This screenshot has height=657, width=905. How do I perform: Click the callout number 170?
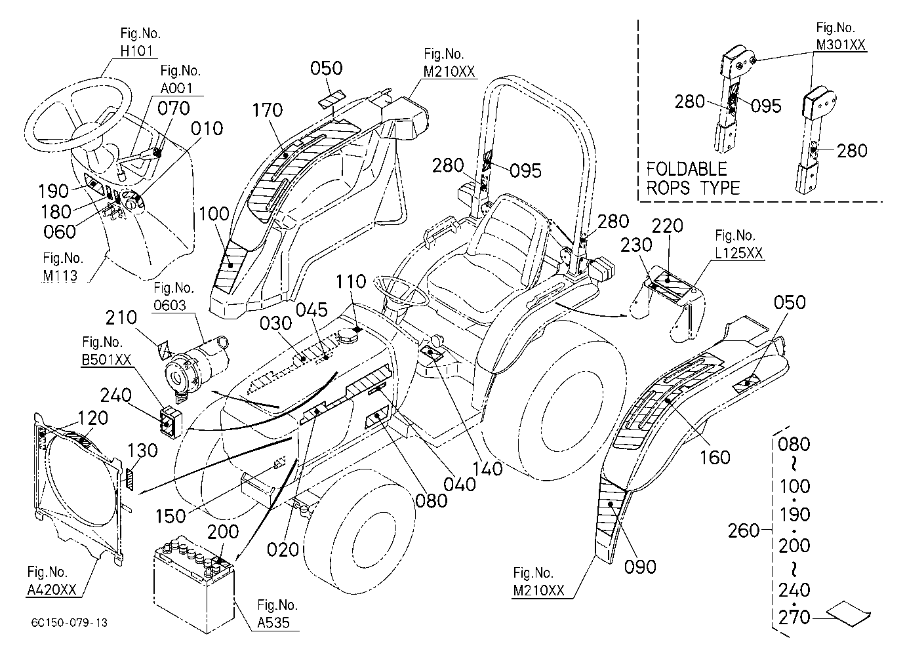point(267,110)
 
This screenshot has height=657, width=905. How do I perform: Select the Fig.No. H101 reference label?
point(140,42)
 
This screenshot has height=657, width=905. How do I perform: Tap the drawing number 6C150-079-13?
point(70,623)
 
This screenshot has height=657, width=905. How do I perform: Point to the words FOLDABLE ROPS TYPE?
point(693,178)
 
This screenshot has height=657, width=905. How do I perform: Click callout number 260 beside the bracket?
point(744,530)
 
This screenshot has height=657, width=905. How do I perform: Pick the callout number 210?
point(121,317)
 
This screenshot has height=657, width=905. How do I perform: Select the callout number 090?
point(640,567)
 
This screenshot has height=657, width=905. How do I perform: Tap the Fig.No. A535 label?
point(277,614)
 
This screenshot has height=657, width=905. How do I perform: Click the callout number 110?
point(351,281)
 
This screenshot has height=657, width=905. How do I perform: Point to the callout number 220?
point(668,226)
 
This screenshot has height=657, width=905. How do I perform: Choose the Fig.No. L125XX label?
point(739,244)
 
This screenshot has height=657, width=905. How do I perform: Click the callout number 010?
point(207,129)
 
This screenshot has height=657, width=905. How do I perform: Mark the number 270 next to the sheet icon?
point(794,618)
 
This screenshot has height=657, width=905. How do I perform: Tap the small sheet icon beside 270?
point(849,614)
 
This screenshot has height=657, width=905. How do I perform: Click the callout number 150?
point(171,516)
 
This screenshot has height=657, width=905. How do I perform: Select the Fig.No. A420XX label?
point(51,581)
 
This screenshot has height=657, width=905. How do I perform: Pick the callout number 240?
point(115,395)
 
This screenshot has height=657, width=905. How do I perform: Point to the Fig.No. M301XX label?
point(841,36)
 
